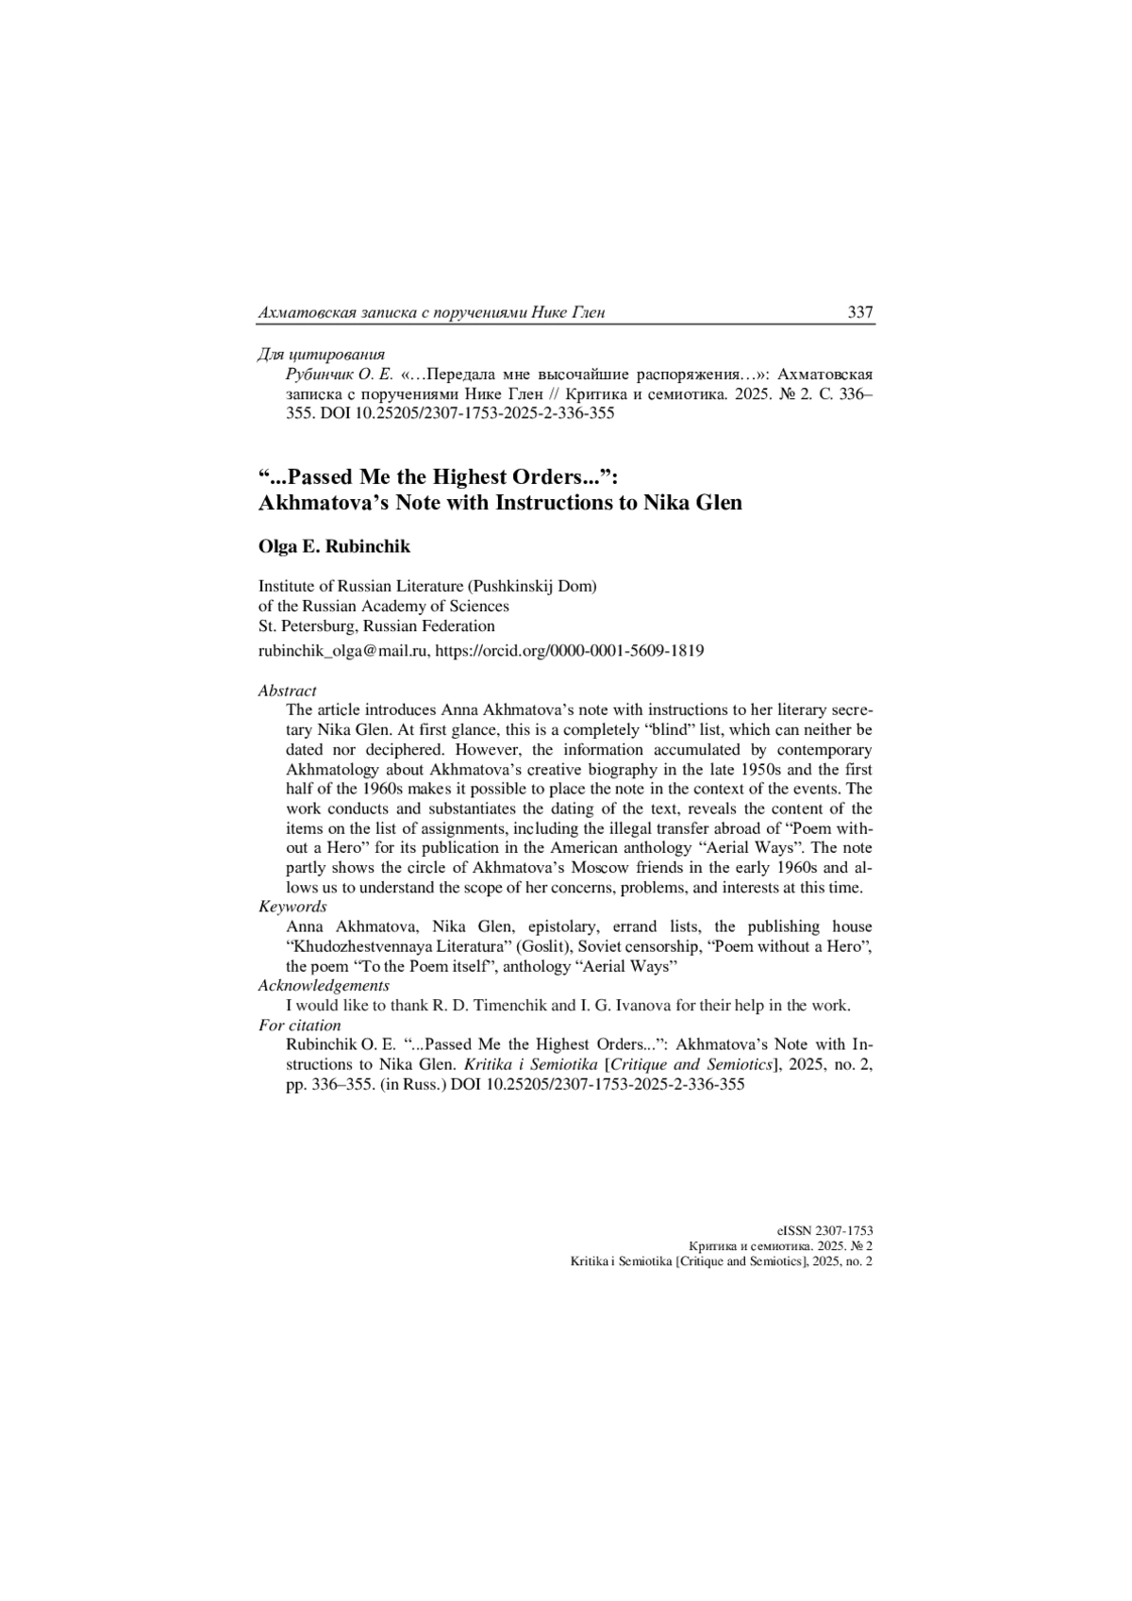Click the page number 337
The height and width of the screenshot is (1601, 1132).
(x=859, y=312)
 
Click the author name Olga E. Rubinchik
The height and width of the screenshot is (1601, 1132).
(x=334, y=546)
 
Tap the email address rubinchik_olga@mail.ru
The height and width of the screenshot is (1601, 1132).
(x=344, y=650)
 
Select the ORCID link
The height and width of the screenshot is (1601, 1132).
(x=571, y=650)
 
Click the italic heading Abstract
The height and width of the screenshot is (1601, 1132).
(x=287, y=691)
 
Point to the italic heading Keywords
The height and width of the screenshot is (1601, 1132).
(x=292, y=907)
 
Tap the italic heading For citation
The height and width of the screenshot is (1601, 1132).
(x=299, y=1025)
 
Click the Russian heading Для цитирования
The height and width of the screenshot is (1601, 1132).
(x=321, y=355)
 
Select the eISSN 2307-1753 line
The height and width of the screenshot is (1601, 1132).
(x=824, y=1230)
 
